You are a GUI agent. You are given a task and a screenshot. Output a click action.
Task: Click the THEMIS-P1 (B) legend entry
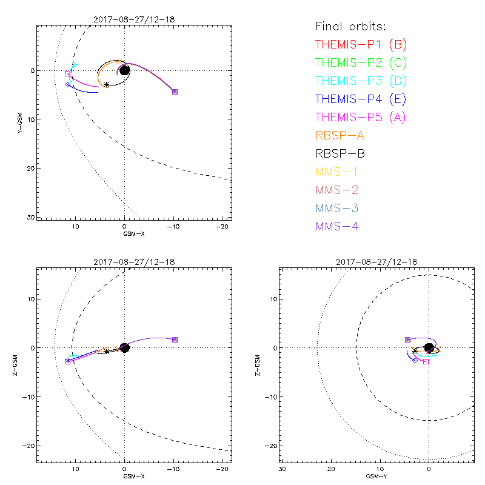(x=361, y=44)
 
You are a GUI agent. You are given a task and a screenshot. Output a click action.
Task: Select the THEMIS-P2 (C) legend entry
(x=361, y=62)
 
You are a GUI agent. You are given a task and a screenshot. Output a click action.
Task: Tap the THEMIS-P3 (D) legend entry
(x=361, y=81)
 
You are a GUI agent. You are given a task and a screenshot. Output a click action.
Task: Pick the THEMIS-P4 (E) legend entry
(x=361, y=99)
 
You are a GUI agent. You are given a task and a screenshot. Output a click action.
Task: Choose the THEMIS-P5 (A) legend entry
(x=361, y=117)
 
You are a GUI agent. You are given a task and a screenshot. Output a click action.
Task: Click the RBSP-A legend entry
(x=340, y=135)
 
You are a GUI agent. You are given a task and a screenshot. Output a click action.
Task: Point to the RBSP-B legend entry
(x=340, y=153)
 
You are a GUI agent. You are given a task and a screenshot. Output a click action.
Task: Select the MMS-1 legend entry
(x=336, y=172)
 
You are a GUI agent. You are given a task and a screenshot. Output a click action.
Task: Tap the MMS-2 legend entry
(x=336, y=190)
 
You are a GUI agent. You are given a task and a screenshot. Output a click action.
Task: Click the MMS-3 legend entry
(x=336, y=209)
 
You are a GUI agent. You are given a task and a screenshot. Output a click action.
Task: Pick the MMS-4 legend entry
(x=336, y=227)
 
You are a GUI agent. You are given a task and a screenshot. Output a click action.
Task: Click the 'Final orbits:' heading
(x=350, y=27)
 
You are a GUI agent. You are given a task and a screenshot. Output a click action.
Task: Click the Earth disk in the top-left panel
(x=125, y=70)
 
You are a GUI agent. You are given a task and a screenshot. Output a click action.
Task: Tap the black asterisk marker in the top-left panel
(x=107, y=84)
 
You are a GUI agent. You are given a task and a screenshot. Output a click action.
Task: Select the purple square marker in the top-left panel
(x=175, y=92)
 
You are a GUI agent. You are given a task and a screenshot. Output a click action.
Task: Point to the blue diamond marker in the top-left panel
(x=67, y=84)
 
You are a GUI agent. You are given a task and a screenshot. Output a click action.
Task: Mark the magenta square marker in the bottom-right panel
(x=426, y=361)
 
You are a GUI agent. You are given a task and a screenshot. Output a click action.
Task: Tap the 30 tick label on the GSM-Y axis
(x=283, y=470)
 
